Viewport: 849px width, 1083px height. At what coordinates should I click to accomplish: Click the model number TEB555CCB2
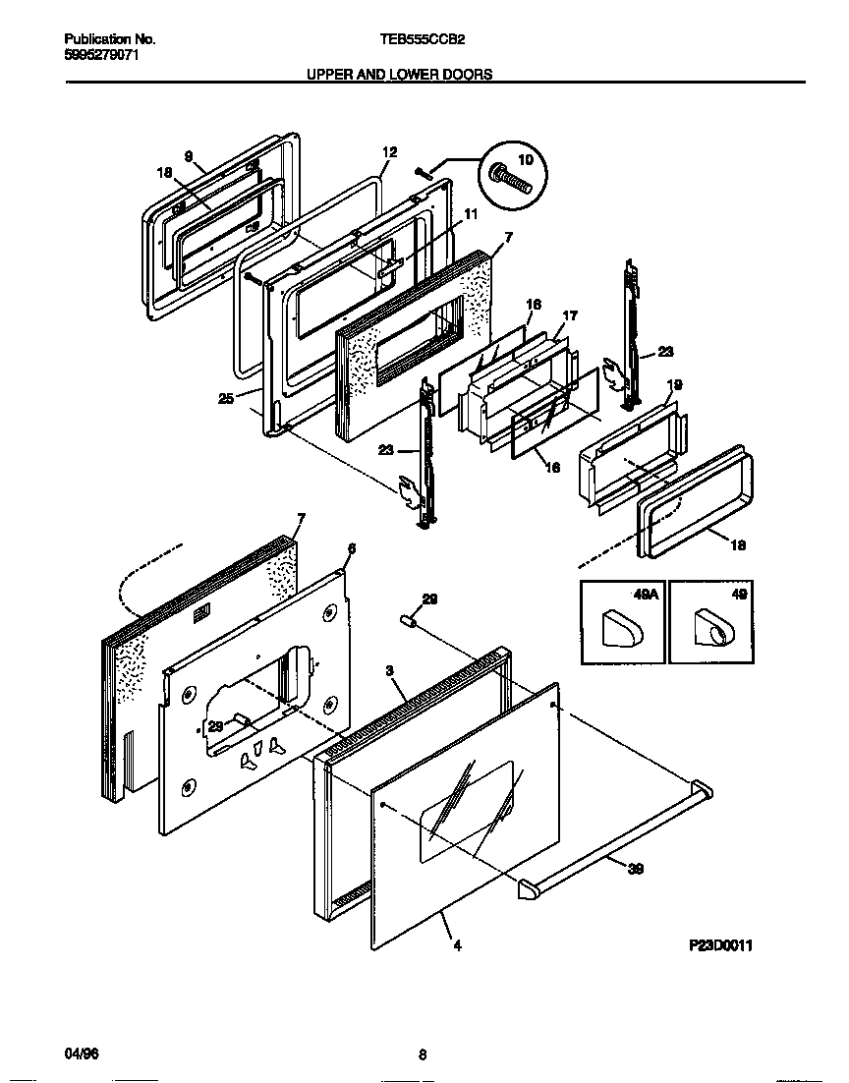pos(423,40)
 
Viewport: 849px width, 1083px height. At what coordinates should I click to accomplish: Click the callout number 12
pos(389,152)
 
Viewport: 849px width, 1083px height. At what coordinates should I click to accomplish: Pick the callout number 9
pos(187,155)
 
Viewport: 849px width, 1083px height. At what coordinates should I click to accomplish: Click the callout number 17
pos(569,316)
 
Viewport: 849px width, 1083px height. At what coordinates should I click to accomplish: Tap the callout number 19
pos(674,385)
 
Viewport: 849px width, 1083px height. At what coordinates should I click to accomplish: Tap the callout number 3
pos(390,671)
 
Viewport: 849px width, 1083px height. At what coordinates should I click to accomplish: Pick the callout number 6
pos(351,548)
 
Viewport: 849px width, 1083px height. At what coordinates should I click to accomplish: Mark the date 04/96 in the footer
pos(82,1054)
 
